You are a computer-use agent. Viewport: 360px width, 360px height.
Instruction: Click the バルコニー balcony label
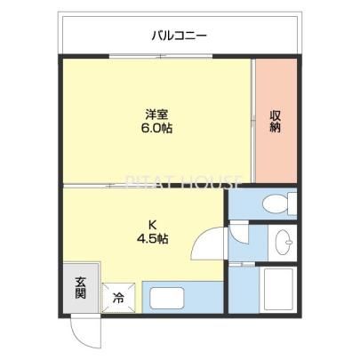pyautogui.click(x=180, y=36)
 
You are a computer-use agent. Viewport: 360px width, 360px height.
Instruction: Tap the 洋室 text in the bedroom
pyautogui.click(x=156, y=114)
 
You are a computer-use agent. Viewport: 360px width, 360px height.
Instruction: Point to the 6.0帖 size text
pyautogui.click(x=156, y=128)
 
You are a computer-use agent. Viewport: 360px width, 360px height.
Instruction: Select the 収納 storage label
pyautogui.click(x=276, y=121)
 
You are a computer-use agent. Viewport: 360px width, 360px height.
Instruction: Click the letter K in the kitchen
pyautogui.click(x=153, y=225)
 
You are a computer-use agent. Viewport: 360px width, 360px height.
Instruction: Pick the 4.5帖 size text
pyautogui.click(x=153, y=238)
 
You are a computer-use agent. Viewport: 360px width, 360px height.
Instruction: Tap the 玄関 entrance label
pyautogui.click(x=80, y=287)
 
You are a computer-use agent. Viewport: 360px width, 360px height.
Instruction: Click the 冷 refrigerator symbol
pyautogui.click(x=118, y=298)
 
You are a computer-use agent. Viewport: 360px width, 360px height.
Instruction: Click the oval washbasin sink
pyautogui.click(x=284, y=242)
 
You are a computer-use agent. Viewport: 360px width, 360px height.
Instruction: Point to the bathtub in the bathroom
pyautogui.click(x=277, y=290)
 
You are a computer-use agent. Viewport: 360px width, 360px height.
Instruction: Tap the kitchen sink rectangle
pyautogui.click(x=168, y=298)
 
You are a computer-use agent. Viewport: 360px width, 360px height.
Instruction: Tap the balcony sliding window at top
pyautogui.click(x=161, y=56)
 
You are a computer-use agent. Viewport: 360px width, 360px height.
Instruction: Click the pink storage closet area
pyautogui.click(x=276, y=121)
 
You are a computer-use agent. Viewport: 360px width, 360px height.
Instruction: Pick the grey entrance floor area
pyautogui.click(x=80, y=287)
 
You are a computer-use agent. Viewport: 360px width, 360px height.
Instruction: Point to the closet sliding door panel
pyautogui.click(x=253, y=121)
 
